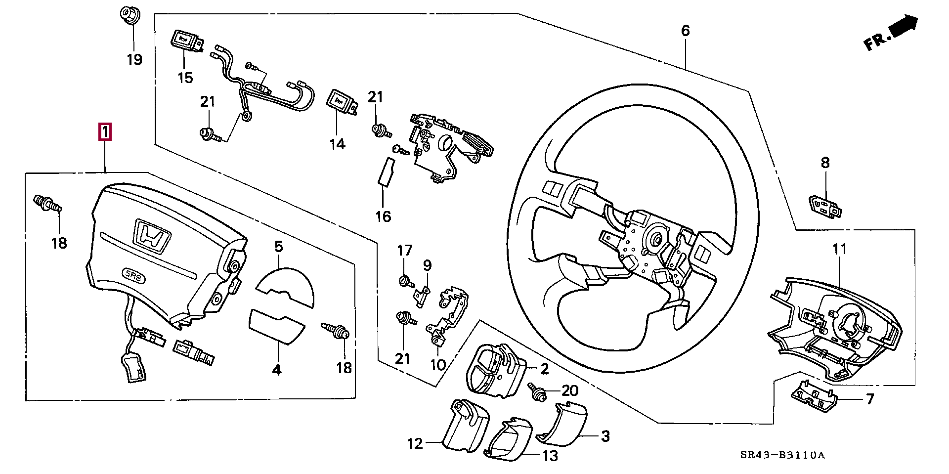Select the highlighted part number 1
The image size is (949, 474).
tap(105, 132)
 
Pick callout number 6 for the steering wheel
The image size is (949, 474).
tap(685, 31)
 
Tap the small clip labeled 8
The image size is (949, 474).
tap(825, 207)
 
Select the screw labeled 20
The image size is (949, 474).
tap(537, 392)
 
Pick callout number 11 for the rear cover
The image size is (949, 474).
tap(839, 249)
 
